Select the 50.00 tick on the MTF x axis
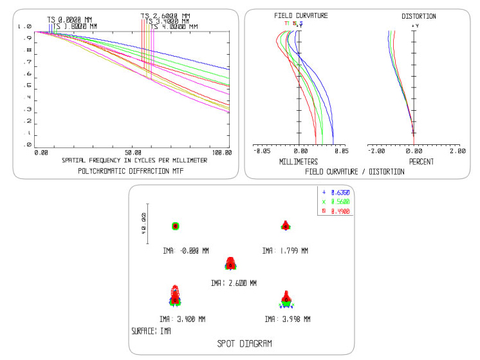(x=134, y=153)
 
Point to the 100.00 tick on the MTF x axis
(x=221, y=153)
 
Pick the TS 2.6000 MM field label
(x=165, y=15)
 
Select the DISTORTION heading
(x=418, y=16)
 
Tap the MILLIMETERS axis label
(x=299, y=162)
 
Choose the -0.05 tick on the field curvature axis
(x=262, y=152)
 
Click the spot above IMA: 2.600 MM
(x=231, y=263)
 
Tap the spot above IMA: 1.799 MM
(x=286, y=225)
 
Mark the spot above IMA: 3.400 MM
(x=174, y=294)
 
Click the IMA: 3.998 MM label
(x=286, y=319)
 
